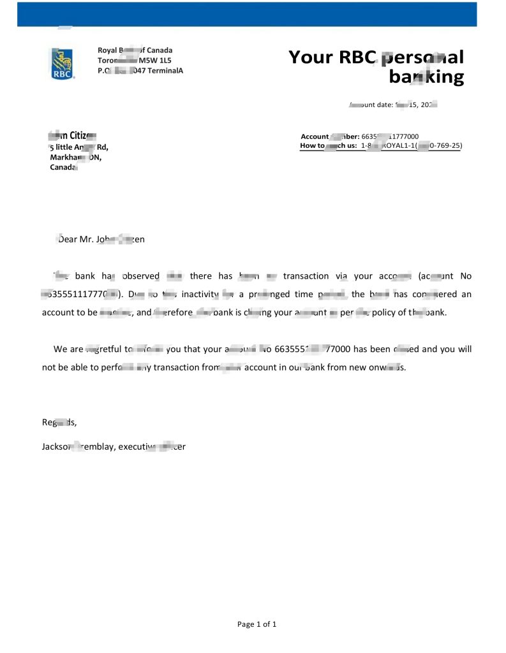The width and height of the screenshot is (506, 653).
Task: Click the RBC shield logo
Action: pyautogui.click(x=62, y=64)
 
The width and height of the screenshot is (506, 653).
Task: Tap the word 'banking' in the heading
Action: pyautogui.click(x=426, y=77)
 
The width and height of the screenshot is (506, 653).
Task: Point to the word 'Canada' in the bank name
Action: pyautogui.click(x=160, y=50)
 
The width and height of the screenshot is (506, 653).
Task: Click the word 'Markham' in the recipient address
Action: pyautogui.click(x=64, y=158)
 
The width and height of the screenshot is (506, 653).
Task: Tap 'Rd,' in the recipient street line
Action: pyautogui.click(x=102, y=147)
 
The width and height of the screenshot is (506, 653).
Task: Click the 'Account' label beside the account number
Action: pyautogui.click(x=314, y=136)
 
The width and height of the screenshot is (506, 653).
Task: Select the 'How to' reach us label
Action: pyautogui.click(x=311, y=146)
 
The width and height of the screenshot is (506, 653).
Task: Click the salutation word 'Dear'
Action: pyautogui.click(x=68, y=239)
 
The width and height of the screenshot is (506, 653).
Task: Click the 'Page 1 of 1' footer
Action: pyautogui.click(x=257, y=624)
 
